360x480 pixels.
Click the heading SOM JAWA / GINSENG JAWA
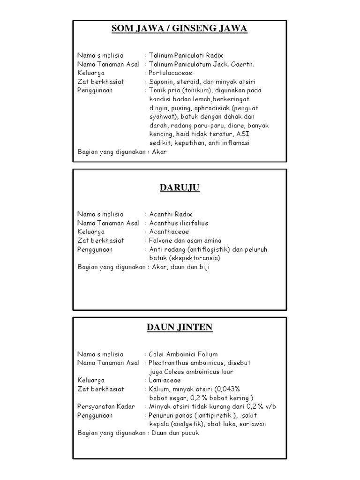coord(180,29)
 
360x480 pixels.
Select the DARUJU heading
coord(180,188)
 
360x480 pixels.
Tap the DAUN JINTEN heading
coord(180,327)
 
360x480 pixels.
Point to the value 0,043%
coord(227,389)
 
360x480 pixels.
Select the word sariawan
coord(250,424)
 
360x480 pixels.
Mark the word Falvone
coord(162,240)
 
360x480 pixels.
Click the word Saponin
coord(162,82)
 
